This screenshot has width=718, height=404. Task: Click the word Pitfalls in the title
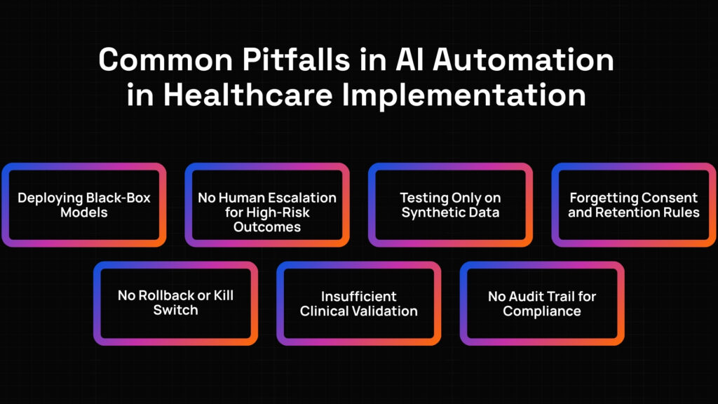pos(296,60)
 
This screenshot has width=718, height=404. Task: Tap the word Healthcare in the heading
pos(248,95)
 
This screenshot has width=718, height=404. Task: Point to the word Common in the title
pos(165,60)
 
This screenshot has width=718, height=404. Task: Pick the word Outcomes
pos(267,227)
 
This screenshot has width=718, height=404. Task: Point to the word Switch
pos(175,310)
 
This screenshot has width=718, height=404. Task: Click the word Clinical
pos(321,311)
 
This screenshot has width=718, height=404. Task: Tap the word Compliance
pos(542,311)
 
